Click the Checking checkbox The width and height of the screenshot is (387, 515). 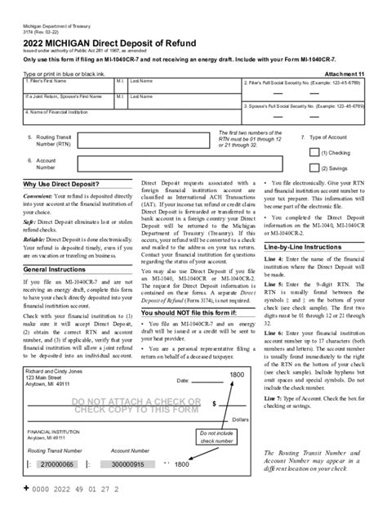(x=314, y=151)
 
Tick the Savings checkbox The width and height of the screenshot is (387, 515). (x=314, y=168)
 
